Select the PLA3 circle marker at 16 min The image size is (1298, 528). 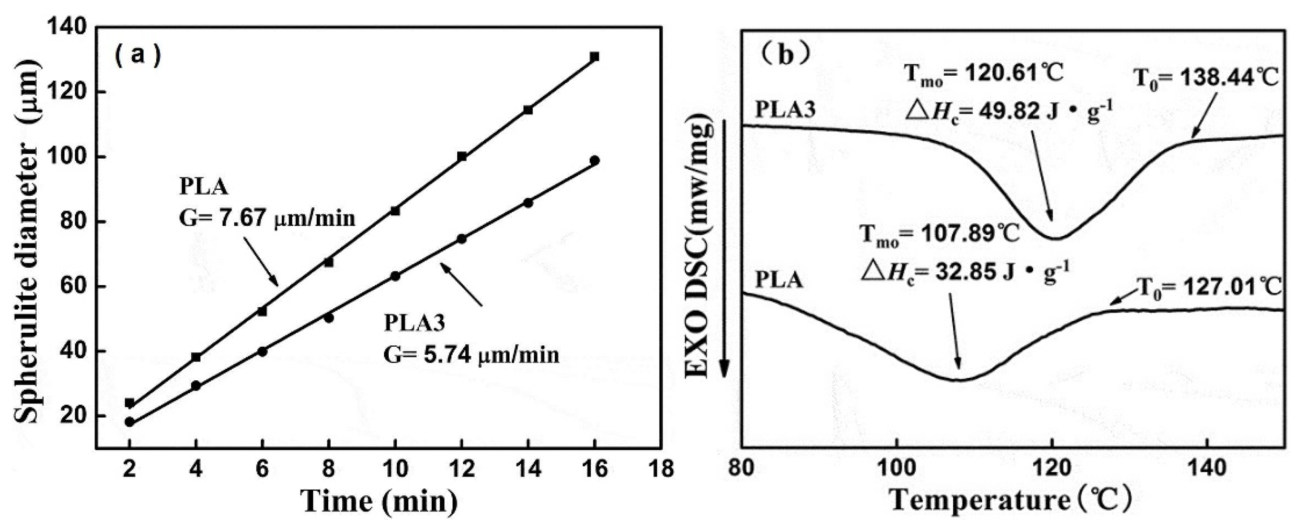tap(595, 161)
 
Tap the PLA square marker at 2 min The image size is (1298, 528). tap(129, 403)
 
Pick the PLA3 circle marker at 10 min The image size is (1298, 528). tap(395, 276)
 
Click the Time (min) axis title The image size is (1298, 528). tap(379, 501)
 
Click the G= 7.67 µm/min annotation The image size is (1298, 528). tap(267, 219)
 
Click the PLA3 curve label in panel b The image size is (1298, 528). tap(785, 109)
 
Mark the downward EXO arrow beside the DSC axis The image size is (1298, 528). tap(724, 252)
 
